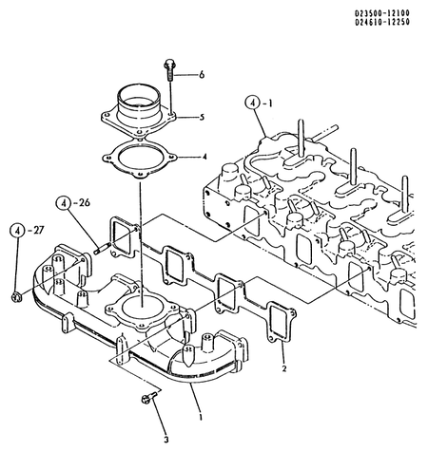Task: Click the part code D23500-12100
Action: (382, 13)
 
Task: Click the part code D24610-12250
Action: (382, 22)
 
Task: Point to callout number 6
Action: (202, 75)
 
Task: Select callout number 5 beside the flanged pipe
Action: (202, 118)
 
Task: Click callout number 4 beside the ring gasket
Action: (204, 157)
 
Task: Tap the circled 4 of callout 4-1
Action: (252, 103)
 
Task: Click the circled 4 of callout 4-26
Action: (64, 203)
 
